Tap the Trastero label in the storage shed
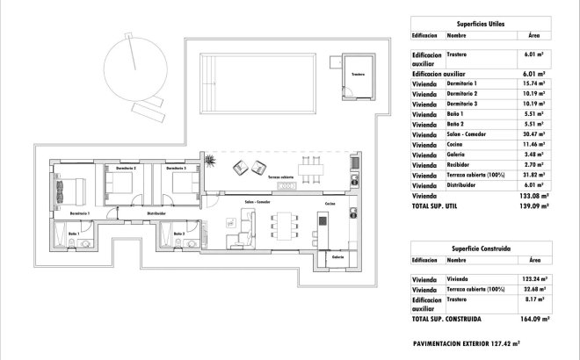tap(357, 75)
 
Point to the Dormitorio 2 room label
tap(126, 168)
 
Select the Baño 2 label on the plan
tap(178, 234)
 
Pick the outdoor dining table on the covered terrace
tap(309, 167)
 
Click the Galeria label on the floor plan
tap(338, 257)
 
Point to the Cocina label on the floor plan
tap(330, 204)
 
